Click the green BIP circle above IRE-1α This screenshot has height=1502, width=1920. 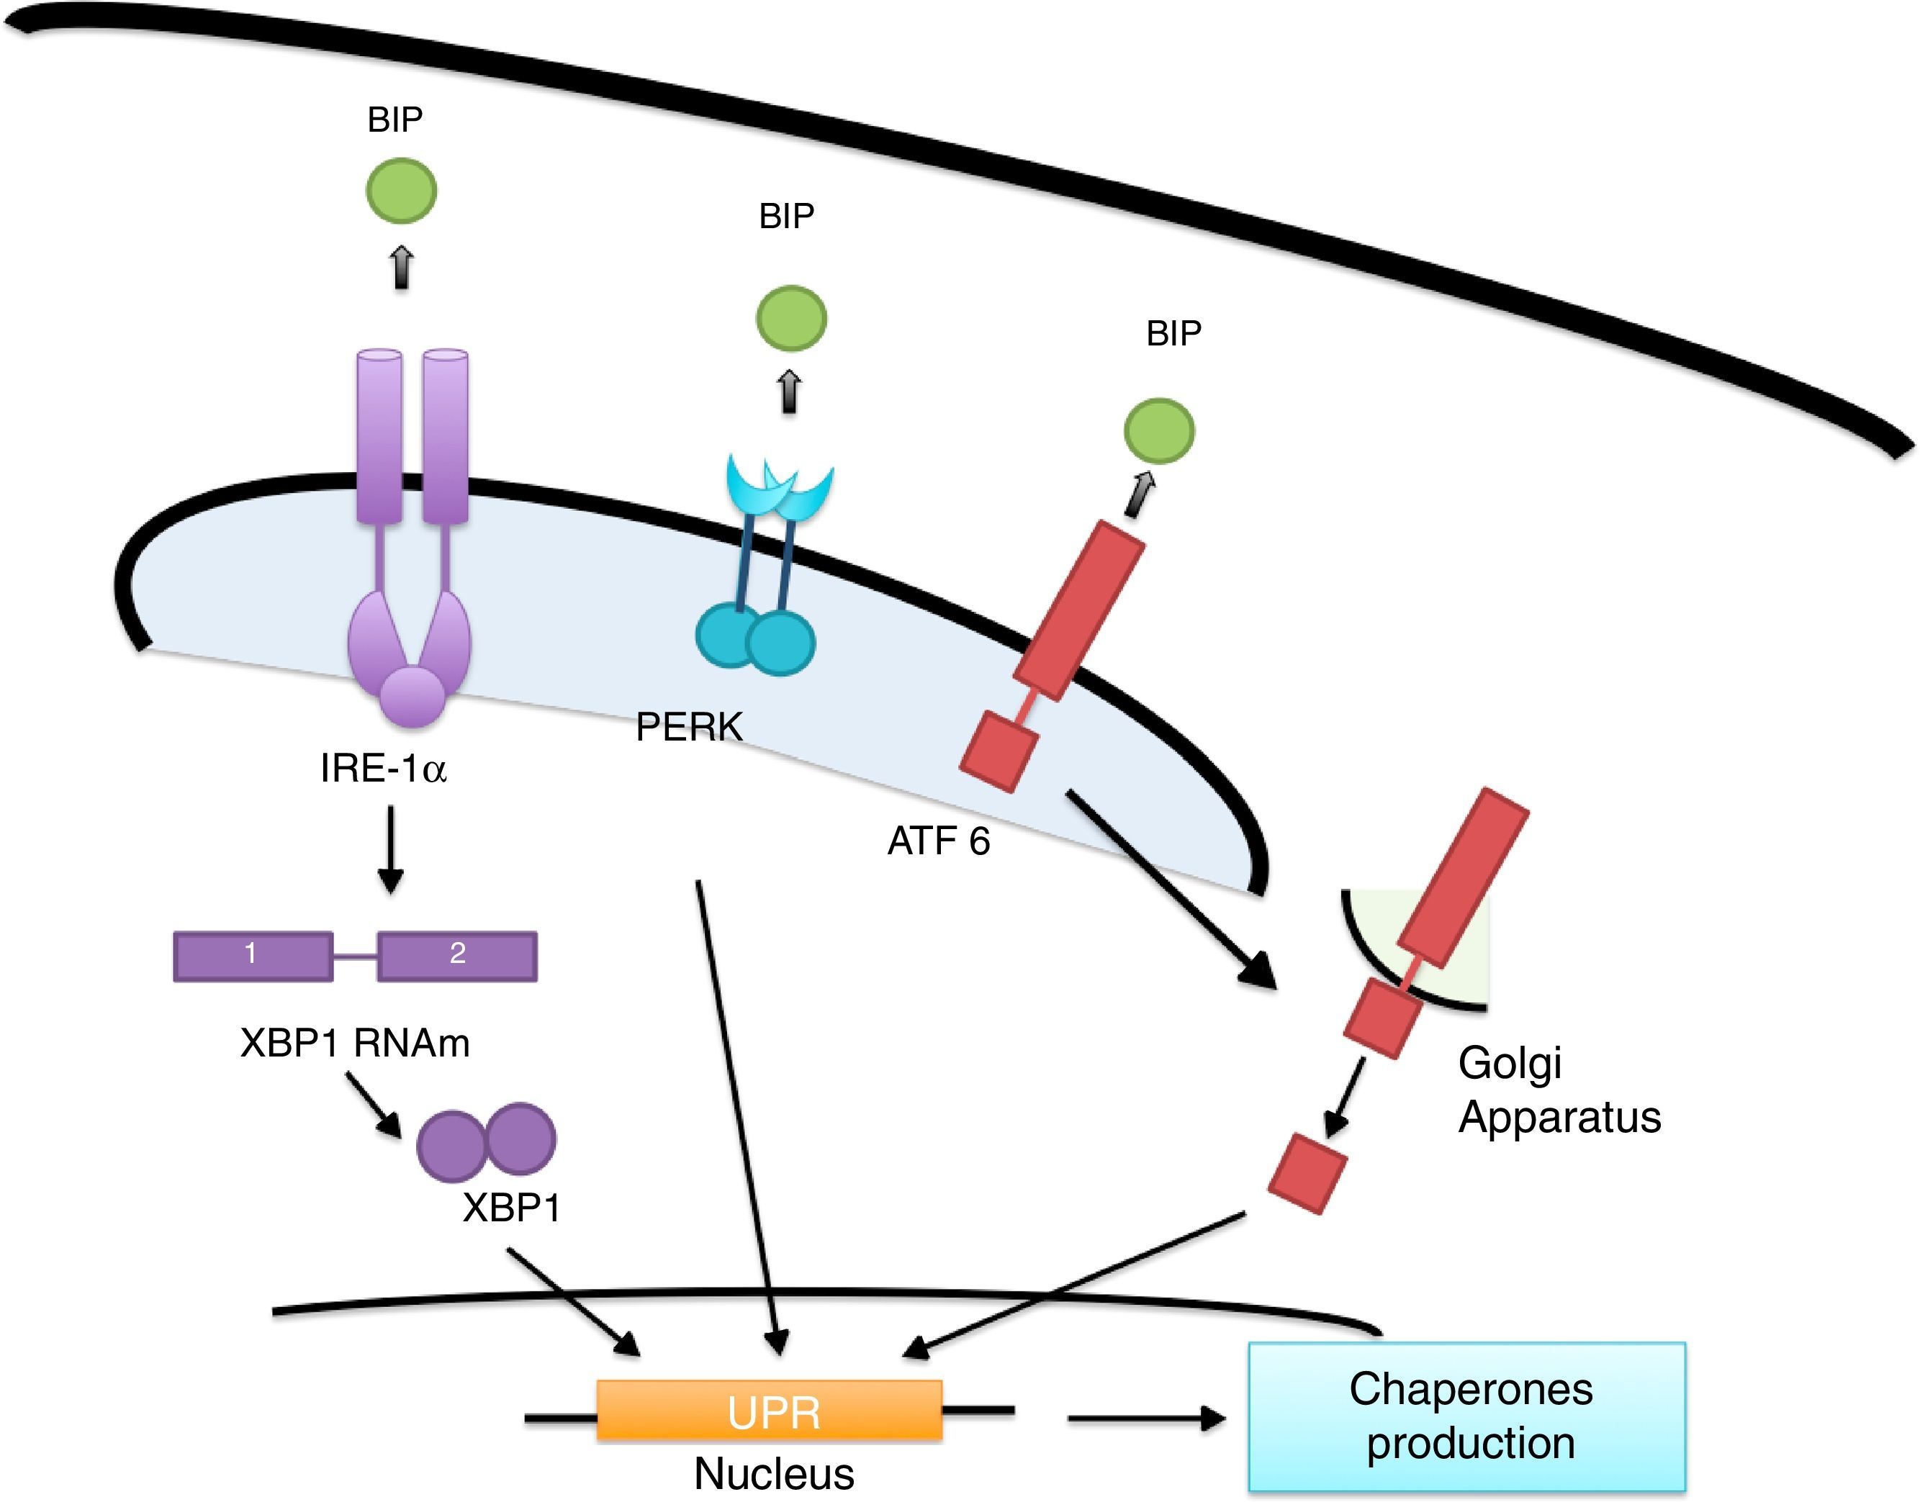click(x=401, y=190)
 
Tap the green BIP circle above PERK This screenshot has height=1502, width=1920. click(x=790, y=317)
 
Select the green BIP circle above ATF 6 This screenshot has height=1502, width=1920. click(x=1159, y=430)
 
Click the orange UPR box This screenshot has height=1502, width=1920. click(x=770, y=1410)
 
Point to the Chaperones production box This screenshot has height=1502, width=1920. click(x=1467, y=1416)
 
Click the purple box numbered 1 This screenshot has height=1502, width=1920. click(x=253, y=956)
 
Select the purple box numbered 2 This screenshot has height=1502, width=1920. click(x=457, y=956)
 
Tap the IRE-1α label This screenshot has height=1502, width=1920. click(x=384, y=769)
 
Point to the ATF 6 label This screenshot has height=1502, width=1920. click(x=939, y=841)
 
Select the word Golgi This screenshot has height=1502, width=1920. click(x=1509, y=1063)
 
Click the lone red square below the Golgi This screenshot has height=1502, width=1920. click(x=1307, y=1174)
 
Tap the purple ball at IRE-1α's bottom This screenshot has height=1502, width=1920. click(x=412, y=697)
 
